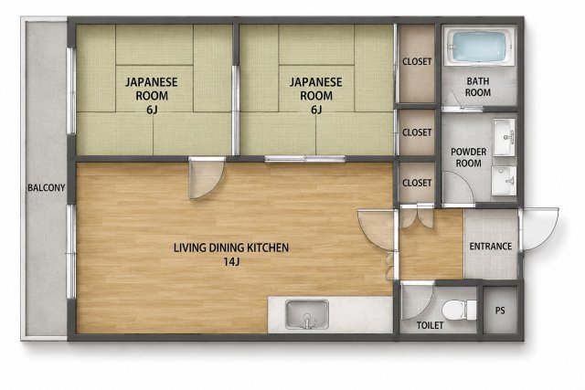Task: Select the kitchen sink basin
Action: click(307, 314)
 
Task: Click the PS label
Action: click(500, 311)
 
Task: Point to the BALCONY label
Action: click(47, 187)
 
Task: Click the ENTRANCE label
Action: click(490, 246)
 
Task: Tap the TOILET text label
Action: click(430, 325)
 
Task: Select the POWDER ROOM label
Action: click(469, 157)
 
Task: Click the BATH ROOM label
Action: click(477, 87)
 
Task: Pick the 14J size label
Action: click(231, 262)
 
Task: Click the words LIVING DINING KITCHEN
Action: click(231, 248)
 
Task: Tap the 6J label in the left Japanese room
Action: click(152, 110)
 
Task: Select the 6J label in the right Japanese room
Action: click(315, 110)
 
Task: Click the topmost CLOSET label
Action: click(417, 61)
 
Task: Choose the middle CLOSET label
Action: click(417, 132)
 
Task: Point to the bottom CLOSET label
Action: click(417, 183)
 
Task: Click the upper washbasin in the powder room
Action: click(504, 137)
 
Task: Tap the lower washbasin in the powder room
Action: click(504, 181)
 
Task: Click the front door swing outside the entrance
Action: click(539, 229)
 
